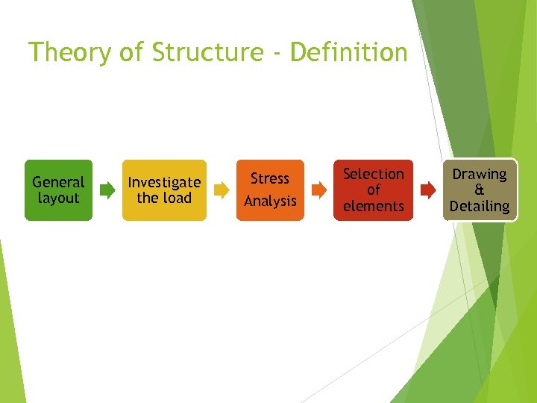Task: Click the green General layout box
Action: click(x=58, y=190)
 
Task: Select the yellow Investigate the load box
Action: click(x=164, y=190)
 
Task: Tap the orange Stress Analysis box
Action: click(x=270, y=190)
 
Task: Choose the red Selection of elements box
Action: click(x=373, y=190)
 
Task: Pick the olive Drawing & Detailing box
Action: click(x=479, y=190)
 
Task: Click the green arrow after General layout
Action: click(x=107, y=190)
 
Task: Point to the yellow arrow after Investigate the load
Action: click(x=222, y=190)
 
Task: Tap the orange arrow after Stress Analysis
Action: click(x=318, y=190)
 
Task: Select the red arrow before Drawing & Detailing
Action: click(x=428, y=190)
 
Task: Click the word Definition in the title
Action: click(x=349, y=53)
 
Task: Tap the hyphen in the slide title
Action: click(x=275, y=54)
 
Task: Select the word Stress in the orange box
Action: click(x=270, y=178)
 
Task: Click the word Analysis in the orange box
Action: click(x=270, y=201)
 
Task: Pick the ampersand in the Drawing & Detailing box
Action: click(x=479, y=190)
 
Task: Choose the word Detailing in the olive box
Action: click(x=479, y=206)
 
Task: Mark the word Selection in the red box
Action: click(x=373, y=174)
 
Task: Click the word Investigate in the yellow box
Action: click(x=164, y=182)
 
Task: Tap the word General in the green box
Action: click(x=58, y=182)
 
